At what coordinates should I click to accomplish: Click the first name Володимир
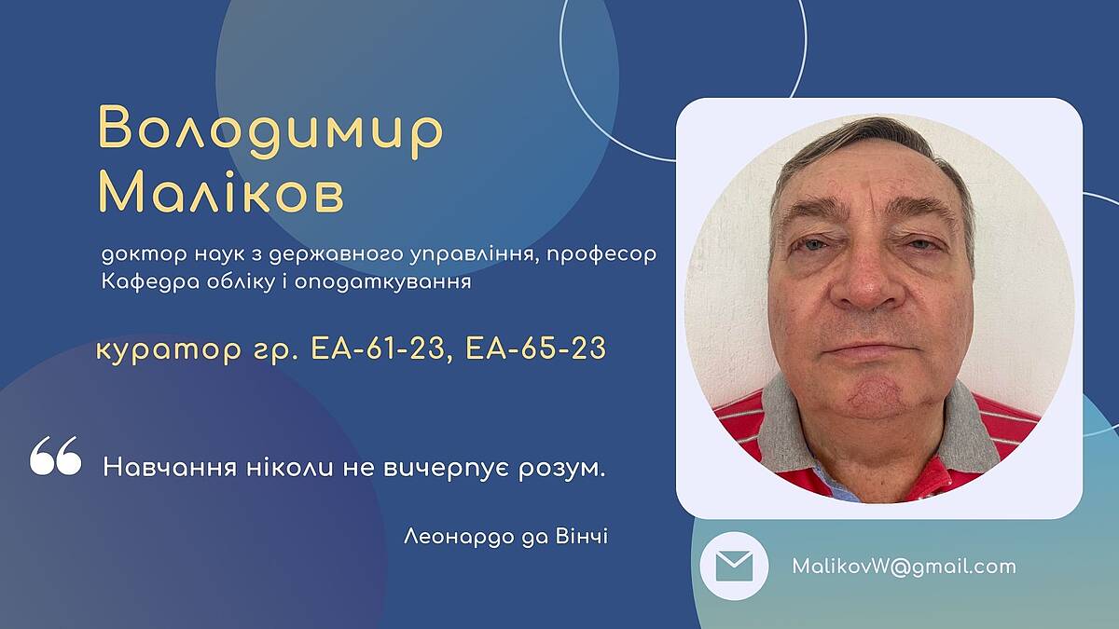pyautogui.click(x=270, y=130)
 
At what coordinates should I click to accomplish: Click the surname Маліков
pyautogui.click(x=222, y=192)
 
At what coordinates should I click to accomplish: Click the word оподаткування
pyautogui.click(x=382, y=282)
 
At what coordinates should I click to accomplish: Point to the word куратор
pyautogui.click(x=169, y=350)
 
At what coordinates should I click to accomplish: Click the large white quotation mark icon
pyautogui.click(x=55, y=456)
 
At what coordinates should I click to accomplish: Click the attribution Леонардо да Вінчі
pyautogui.click(x=505, y=537)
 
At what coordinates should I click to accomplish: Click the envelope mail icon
pyautogui.click(x=734, y=567)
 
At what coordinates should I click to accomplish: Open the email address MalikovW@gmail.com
pyautogui.click(x=904, y=567)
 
